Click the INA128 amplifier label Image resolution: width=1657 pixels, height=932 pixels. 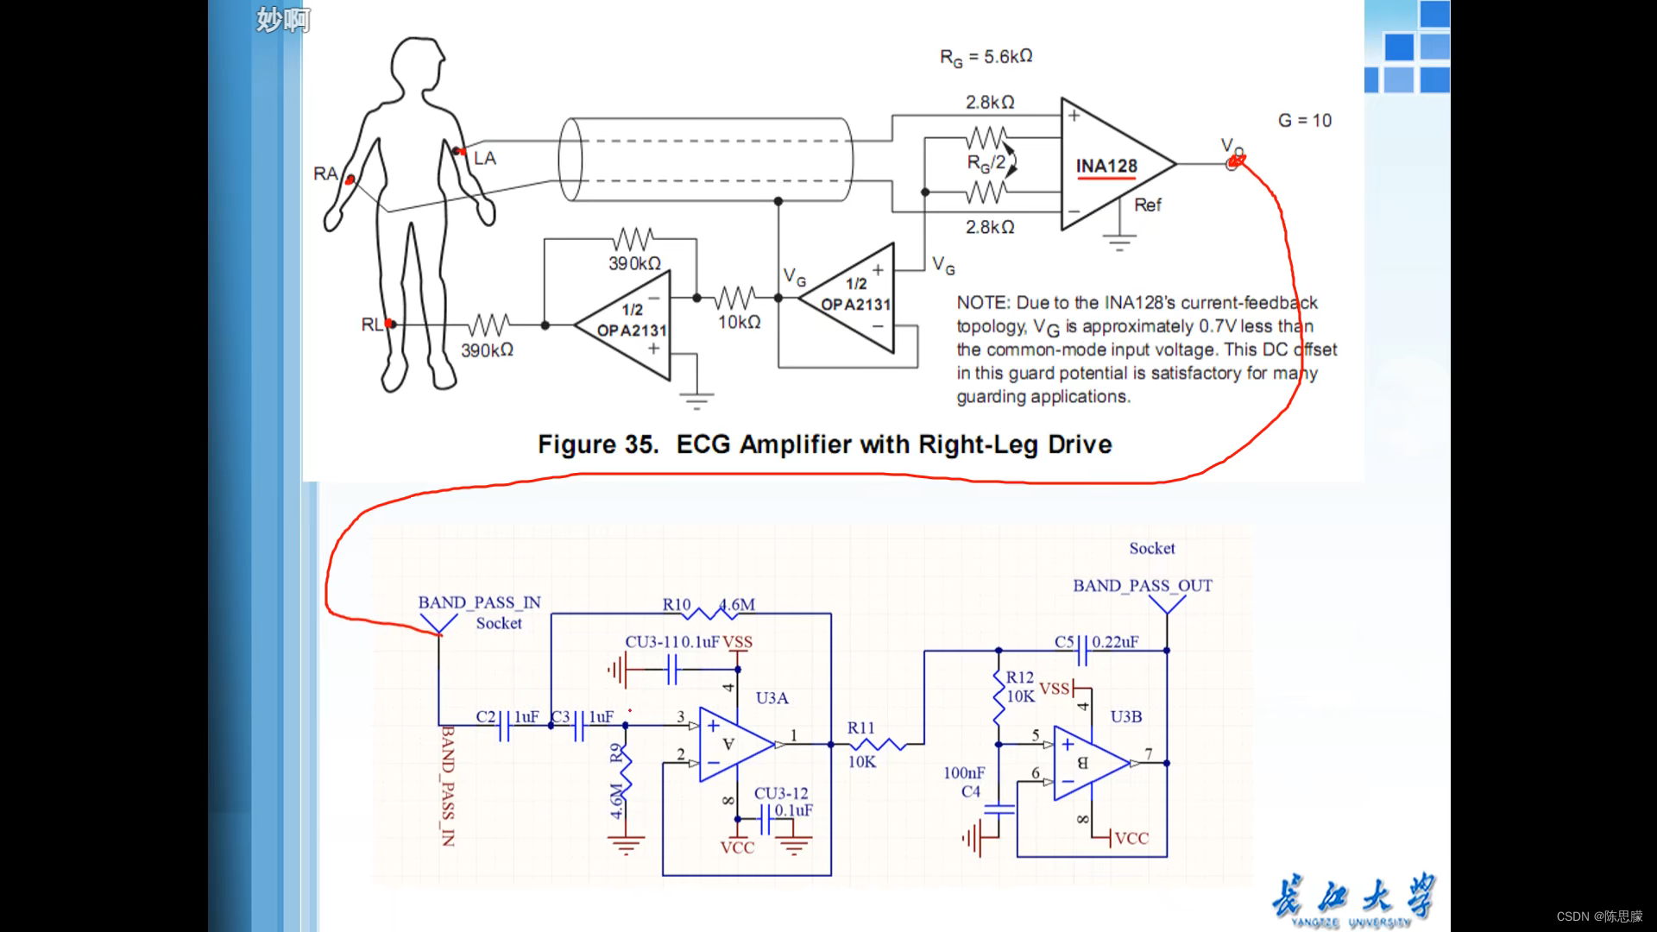[1106, 166]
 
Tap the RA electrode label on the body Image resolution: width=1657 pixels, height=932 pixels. [324, 173]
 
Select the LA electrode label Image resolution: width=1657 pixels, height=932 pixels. [485, 158]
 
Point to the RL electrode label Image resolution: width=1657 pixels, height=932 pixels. [371, 324]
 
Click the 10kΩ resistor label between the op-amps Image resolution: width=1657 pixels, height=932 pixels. [739, 322]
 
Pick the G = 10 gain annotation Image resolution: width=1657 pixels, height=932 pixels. [1304, 121]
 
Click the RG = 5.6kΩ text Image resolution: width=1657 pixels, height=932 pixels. [986, 57]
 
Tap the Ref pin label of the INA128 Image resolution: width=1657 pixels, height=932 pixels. [1147, 205]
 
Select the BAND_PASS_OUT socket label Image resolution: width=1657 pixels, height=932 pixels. [1142, 585]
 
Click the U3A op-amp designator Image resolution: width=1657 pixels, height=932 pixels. [772, 697]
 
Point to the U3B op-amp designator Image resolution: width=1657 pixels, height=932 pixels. [1125, 716]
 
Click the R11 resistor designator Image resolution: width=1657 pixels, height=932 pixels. [860, 727]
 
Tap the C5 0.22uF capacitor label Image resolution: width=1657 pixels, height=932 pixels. [1096, 642]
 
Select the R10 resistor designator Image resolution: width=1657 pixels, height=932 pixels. [677, 604]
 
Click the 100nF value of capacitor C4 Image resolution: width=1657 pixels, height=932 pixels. [963, 773]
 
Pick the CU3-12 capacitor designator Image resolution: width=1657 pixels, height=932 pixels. [781, 793]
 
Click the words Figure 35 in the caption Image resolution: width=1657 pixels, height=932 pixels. [597, 444]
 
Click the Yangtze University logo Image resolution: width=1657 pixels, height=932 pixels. [1352, 900]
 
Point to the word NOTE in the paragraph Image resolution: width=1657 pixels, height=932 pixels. [982, 303]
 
